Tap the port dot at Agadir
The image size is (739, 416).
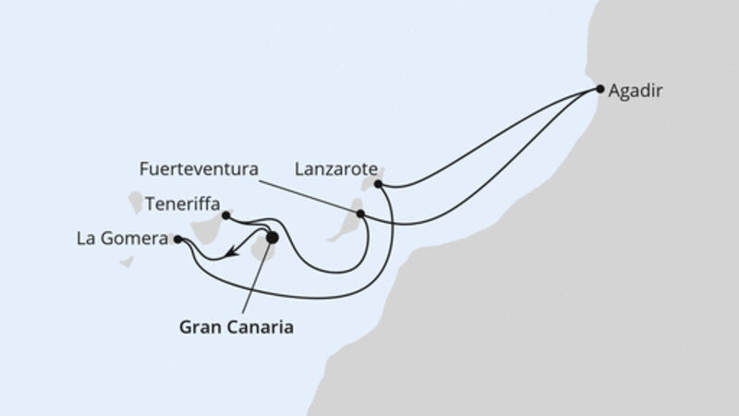[600, 90]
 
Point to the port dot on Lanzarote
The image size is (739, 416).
[379, 184]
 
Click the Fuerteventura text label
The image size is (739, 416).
[197, 170]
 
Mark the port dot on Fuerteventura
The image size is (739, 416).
[361, 214]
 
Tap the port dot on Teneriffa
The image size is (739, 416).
[226, 215]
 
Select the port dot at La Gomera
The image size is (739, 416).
[177, 239]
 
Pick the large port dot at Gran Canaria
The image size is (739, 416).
[272, 238]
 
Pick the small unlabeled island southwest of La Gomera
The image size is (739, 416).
[127, 262]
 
